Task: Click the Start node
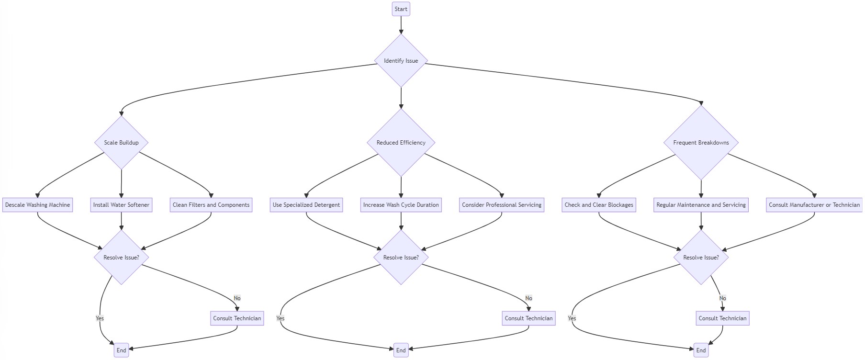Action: [401, 9]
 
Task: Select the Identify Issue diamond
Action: [401, 61]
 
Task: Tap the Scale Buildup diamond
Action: [121, 143]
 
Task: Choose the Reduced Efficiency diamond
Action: [401, 143]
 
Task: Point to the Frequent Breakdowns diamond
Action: [701, 143]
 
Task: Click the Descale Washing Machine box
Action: [37, 205]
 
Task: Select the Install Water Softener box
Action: [121, 205]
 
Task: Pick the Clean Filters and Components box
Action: [211, 205]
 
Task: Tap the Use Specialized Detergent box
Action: [306, 205]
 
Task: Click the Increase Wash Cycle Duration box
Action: [401, 205]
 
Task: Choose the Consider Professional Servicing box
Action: [501, 205]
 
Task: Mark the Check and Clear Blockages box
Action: [598, 205]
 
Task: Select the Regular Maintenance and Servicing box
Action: [701, 205]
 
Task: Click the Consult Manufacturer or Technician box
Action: [814, 205]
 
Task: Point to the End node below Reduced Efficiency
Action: [401, 350]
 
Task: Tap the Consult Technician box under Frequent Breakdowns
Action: [722, 318]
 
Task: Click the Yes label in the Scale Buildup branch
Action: [100, 318]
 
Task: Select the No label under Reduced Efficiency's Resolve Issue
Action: [528, 298]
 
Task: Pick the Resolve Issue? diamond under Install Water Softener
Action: [121, 258]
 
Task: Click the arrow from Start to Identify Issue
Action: [401, 25]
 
